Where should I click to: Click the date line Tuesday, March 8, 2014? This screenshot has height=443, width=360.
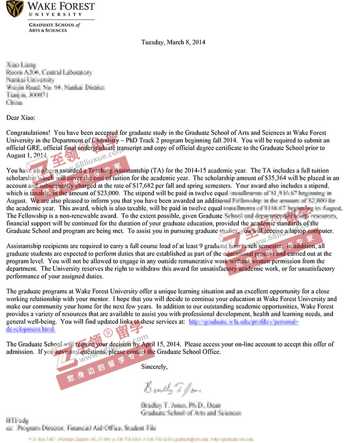click(x=173, y=42)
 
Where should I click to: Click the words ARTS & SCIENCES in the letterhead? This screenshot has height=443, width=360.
click(x=48, y=31)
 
